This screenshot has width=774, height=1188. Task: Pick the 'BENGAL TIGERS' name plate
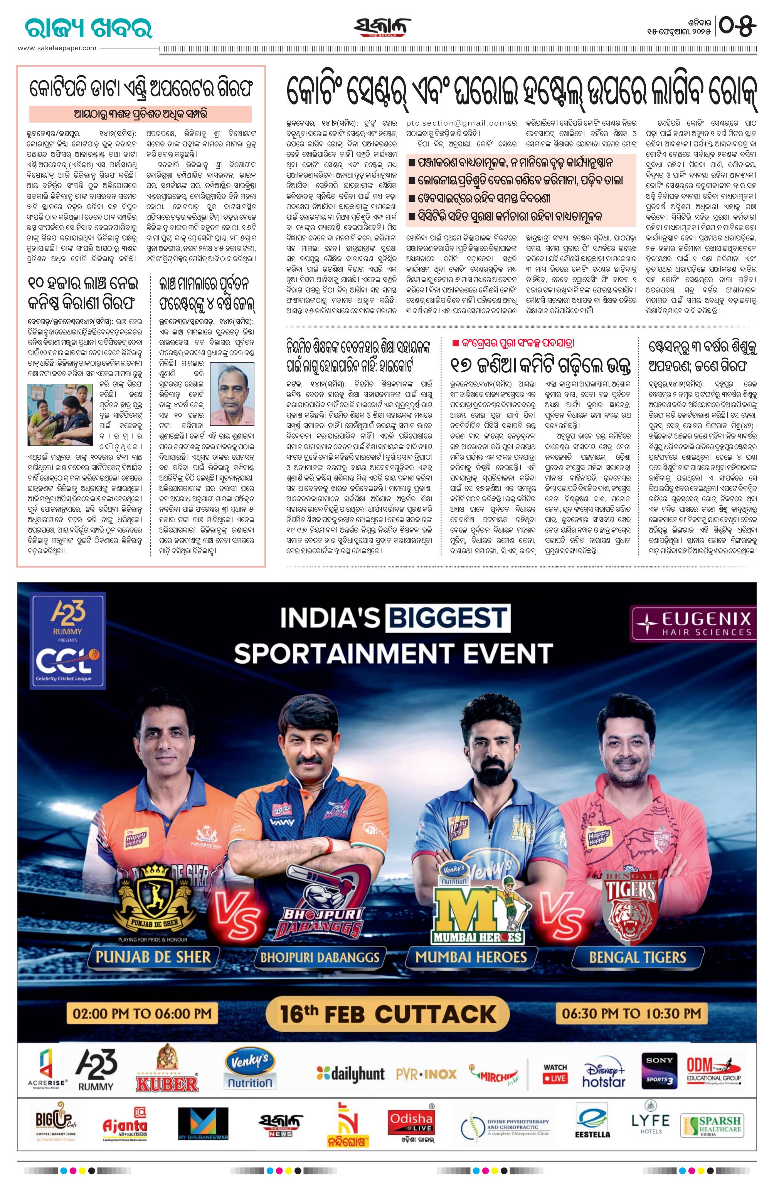click(x=637, y=956)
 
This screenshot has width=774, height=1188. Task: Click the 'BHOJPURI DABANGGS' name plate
click(x=320, y=956)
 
